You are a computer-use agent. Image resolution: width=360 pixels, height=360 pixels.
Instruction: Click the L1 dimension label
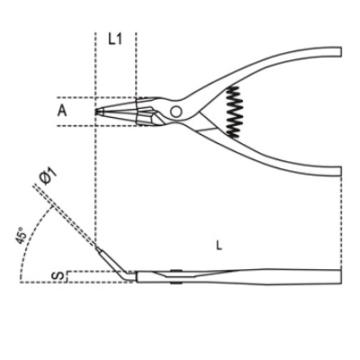point(115,39)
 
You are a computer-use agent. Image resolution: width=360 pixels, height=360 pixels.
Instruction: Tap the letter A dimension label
point(62,112)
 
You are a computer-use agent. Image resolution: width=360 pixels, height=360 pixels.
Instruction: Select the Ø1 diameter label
point(48,176)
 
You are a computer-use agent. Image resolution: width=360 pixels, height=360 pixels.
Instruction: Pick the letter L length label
point(220,246)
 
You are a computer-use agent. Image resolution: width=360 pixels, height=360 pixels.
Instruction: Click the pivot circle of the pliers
point(175,112)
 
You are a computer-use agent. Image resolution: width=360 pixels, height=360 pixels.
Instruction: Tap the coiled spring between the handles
point(234,112)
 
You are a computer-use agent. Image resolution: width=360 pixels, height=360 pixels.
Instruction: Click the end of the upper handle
point(341,51)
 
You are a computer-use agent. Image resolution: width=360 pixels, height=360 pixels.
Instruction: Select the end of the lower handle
point(341,171)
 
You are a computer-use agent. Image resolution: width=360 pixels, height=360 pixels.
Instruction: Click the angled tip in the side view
point(114,264)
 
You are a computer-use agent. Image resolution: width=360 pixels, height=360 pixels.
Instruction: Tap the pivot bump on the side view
point(176,271)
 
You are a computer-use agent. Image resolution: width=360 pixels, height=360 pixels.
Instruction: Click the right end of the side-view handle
point(341,276)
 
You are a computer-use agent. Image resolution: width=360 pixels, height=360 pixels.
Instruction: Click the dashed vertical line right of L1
point(136,65)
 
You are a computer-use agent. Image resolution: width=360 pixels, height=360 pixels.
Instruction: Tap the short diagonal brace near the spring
point(207,130)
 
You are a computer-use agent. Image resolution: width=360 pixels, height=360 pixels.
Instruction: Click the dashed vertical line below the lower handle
point(341,222)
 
